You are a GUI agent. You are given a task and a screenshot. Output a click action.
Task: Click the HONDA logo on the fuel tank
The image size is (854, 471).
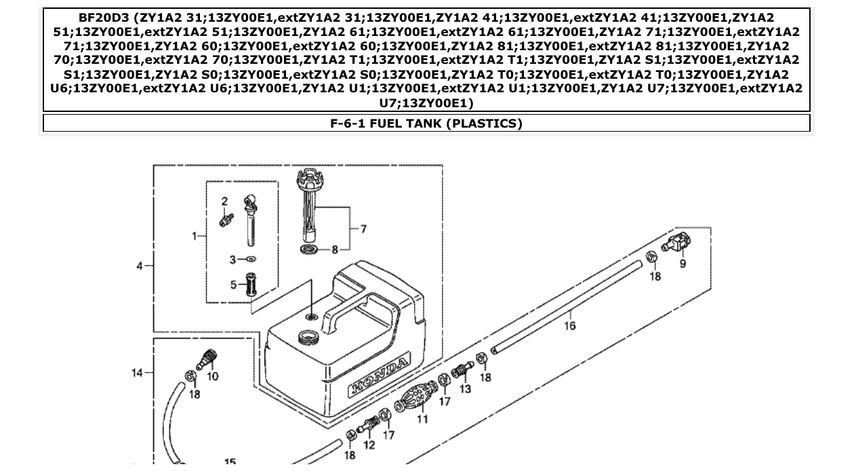[x=380, y=377]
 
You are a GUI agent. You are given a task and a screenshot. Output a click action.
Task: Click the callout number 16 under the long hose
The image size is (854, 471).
[x=569, y=326]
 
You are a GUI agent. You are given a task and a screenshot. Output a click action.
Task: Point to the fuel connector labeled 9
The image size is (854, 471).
[x=676, y=242]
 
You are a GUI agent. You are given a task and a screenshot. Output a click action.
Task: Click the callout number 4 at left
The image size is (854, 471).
[x=140, y=265]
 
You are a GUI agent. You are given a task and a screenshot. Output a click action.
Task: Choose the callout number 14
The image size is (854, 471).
[x=138, y=372]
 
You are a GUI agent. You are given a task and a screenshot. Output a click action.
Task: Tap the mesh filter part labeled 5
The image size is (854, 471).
[x=251, y=284]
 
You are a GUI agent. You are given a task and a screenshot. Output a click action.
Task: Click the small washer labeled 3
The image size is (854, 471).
[x=251, y=259]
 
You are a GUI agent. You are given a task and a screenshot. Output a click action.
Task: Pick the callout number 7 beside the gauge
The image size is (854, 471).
[x=363, y=229]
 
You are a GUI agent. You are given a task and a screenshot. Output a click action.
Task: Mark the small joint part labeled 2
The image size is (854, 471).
[x=226, y=219]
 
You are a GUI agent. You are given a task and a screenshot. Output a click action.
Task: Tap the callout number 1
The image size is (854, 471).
[x=195, y=236]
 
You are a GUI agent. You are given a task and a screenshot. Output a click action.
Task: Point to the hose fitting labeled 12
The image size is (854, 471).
[x=369, y=426]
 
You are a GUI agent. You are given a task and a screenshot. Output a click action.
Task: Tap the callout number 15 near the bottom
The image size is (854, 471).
[x=230, y=462]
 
